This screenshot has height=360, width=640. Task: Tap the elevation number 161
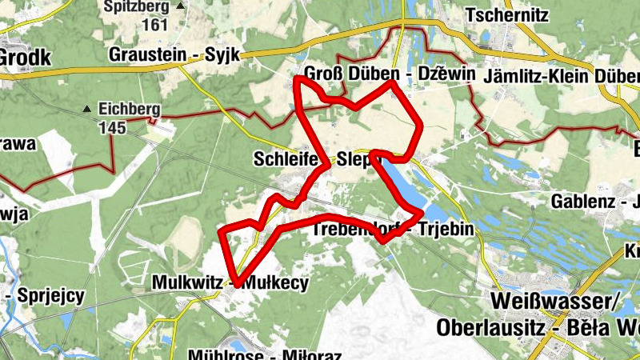[x=154, y=24]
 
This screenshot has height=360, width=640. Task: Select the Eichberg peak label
[x=130, y=110]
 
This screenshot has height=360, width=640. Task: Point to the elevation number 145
[x=113, y=126]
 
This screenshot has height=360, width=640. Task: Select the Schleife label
[x=286, y=158]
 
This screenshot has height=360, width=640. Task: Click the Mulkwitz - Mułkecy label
[x=230, y=282]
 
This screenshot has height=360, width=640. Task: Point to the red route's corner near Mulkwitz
[x=233, y=282]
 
